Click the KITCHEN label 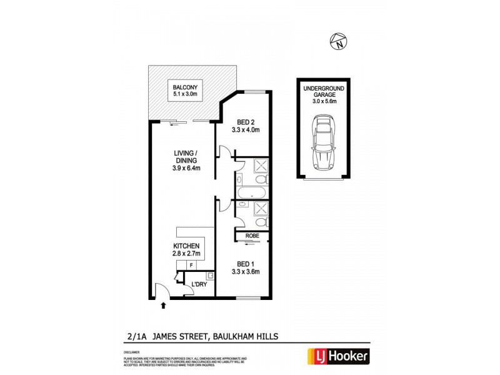[x=186, y=246]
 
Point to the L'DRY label [x=199, y=285]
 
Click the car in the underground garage [x=324, y=143]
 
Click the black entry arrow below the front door [x=164, y=306]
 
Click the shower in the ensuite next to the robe [x=261, y=208]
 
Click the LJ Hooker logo [x=337, y=357]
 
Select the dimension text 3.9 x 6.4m [x=186, y=167]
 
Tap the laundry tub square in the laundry [x=210, y=275]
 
